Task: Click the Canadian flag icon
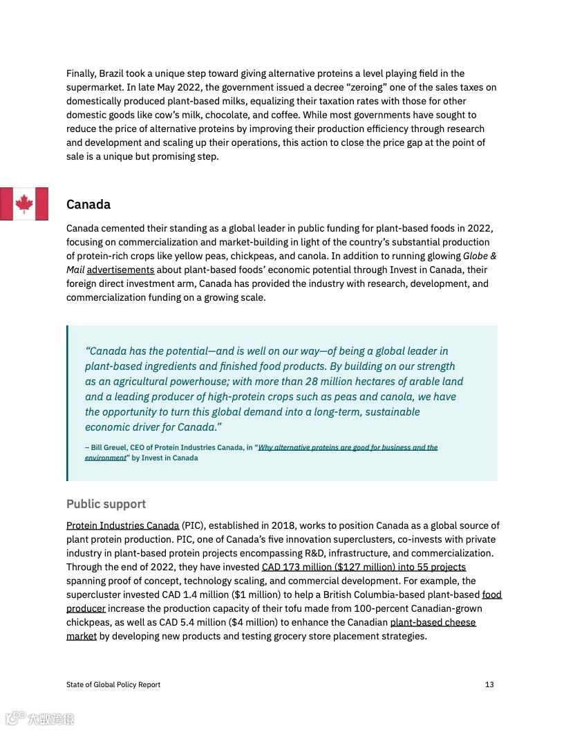point(24,204)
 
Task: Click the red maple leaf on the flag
point(24,204)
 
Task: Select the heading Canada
point(88,205)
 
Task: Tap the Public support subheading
point(106,504)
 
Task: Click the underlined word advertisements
point(120,270)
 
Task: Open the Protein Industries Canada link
point(122,525)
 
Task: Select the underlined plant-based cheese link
point(433,622)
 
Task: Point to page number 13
point(489,684)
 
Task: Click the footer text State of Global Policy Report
point(113,684)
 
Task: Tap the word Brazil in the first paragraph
point(113,73)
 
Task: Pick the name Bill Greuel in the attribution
point(111,447)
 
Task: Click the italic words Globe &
point(480,256)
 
